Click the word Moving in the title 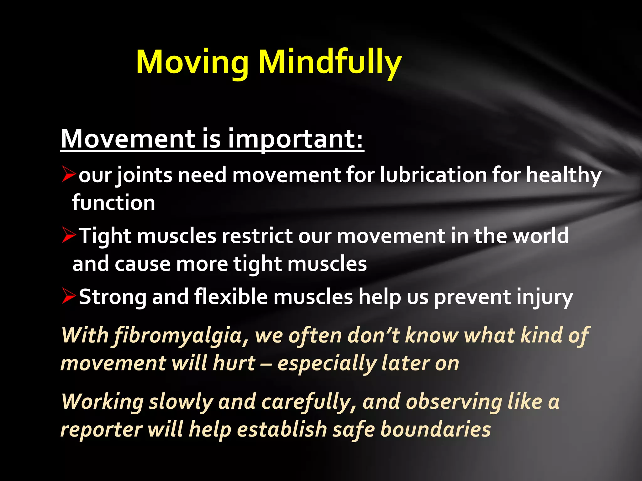coord(192,62)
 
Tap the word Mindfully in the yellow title coord(329,62)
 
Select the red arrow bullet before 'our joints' coord(69,174)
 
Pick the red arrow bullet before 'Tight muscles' coord(69,235)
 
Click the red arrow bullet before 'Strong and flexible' coord(69,296)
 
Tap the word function coord(113,203)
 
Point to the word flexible coord(231,297)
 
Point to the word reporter coord(101,430)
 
